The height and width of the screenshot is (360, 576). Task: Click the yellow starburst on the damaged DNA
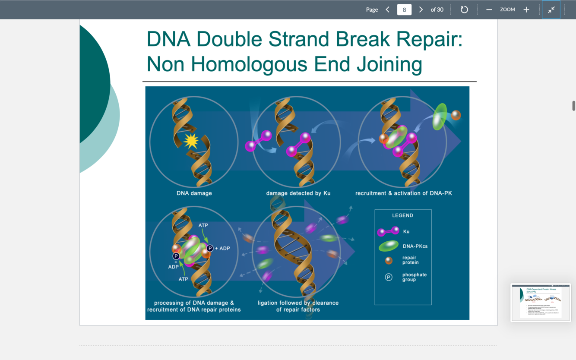pos(191,141)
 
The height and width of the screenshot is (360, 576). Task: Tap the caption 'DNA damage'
pos(194,193)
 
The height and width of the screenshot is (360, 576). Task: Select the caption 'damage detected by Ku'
pos(298,193)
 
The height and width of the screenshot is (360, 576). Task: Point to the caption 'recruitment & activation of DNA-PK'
pos(404,193)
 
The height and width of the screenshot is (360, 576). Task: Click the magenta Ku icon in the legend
pos(388,231)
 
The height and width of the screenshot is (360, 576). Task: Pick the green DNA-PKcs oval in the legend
pos(388,246)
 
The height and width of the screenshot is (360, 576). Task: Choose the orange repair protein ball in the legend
pos(389,260)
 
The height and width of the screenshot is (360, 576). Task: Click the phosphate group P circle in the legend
pos(389,277)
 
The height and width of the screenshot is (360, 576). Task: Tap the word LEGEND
pos(402,215)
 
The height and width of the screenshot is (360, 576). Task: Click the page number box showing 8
pos(404,9)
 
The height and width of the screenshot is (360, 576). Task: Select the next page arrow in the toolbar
pos(421,9)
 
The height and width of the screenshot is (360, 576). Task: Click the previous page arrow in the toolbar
pos(388,9)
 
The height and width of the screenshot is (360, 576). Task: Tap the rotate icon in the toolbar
pos(464,9)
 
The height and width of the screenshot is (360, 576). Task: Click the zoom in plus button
pos(526,9)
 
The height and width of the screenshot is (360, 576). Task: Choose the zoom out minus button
pos(489,9)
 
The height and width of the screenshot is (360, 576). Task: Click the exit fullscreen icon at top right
pos(551,9)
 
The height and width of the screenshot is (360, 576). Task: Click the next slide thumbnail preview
pos(541,302)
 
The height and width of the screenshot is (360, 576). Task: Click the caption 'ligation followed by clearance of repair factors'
pos(298,306)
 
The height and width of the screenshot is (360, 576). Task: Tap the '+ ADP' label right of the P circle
pos(222,248)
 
